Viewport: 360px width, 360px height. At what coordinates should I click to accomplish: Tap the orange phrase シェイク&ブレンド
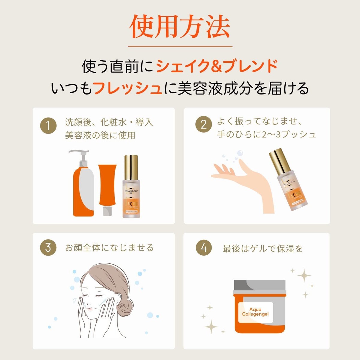[217, 66]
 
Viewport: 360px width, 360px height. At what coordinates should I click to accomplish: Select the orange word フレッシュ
[127, 88]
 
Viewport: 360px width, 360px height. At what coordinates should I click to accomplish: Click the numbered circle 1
[48, 125]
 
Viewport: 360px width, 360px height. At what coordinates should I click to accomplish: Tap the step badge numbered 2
[204, 124]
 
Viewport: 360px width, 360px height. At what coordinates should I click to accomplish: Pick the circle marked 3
[48, 248]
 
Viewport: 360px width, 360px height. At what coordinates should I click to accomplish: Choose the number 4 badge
[204, 248]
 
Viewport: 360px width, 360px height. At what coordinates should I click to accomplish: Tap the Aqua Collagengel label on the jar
[255, 312]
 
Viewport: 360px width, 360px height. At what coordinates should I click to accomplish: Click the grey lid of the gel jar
[259, 287]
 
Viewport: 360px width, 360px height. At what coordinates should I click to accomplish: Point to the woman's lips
[89, 308]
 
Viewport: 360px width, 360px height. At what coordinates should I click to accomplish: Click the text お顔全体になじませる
[109, 248]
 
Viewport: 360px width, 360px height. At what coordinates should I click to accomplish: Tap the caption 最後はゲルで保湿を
[263, 249]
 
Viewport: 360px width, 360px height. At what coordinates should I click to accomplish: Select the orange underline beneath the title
[180, 46]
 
